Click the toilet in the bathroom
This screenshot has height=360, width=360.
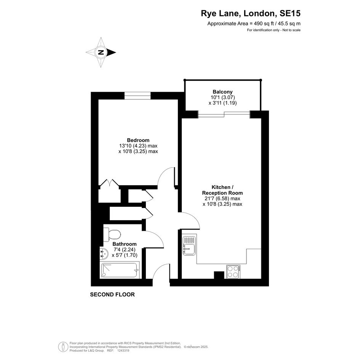pyautogui.click(x=112, y=235)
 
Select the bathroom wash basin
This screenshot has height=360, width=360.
pyautogui.click(x=104, y=254)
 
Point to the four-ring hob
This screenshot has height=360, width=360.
pyautogui.click(x=233, y=272)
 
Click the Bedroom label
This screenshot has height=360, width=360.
pyautogui.click(x=138, y=140)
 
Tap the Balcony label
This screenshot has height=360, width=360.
pyautogui.click(x=222, y=91)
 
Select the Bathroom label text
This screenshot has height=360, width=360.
pyautogui.click(x=125, y=244)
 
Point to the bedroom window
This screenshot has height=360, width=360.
pyautogui.click(x=138, y=96)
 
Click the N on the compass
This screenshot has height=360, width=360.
pyautogui.click(x=101, y=52)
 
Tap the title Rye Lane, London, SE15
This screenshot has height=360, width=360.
pyautogui.click(x=251, y=13)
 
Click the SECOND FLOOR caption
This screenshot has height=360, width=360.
pyautogui.click(x=112, y=294)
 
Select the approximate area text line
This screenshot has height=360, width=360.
pyautogui.click(x=254, y=23)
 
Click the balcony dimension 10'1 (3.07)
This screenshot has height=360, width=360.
pyautogui.click(x=223, y=98)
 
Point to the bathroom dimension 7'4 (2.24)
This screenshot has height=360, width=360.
pyautogui.click(x=125, y=250)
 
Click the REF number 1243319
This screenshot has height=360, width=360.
pyautogui.click(x=123, y=350)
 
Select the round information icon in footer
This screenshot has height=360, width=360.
pyautogui.click(x=63, y=347)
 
